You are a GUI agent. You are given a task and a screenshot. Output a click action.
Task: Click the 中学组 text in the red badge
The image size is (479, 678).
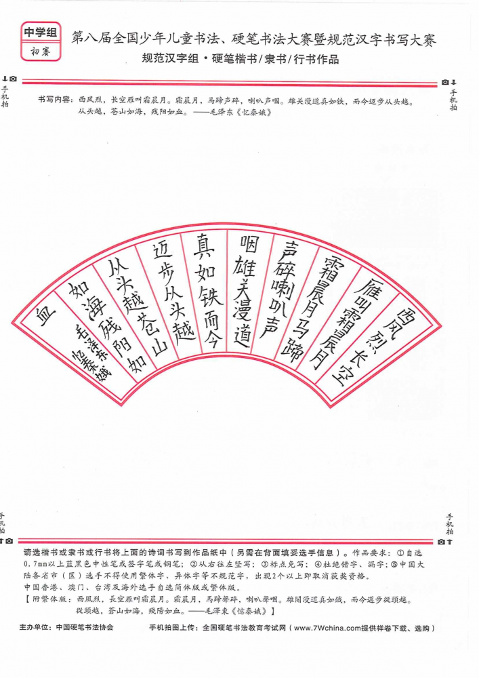41,33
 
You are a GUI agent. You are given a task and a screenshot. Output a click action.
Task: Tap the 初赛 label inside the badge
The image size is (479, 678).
41,52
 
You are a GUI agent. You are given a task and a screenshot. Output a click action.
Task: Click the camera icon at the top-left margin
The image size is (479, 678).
13,79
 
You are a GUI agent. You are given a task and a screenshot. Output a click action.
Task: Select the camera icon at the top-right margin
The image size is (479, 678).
445,82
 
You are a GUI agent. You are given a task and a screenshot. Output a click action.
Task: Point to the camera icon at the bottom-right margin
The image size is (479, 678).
441,542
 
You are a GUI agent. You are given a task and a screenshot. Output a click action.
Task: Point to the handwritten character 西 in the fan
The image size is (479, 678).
406,318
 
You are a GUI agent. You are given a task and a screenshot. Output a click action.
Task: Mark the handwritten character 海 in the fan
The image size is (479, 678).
97,308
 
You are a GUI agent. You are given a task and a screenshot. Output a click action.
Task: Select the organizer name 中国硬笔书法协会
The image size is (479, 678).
85,627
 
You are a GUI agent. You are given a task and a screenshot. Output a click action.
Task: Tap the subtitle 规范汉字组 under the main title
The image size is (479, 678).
170,59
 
